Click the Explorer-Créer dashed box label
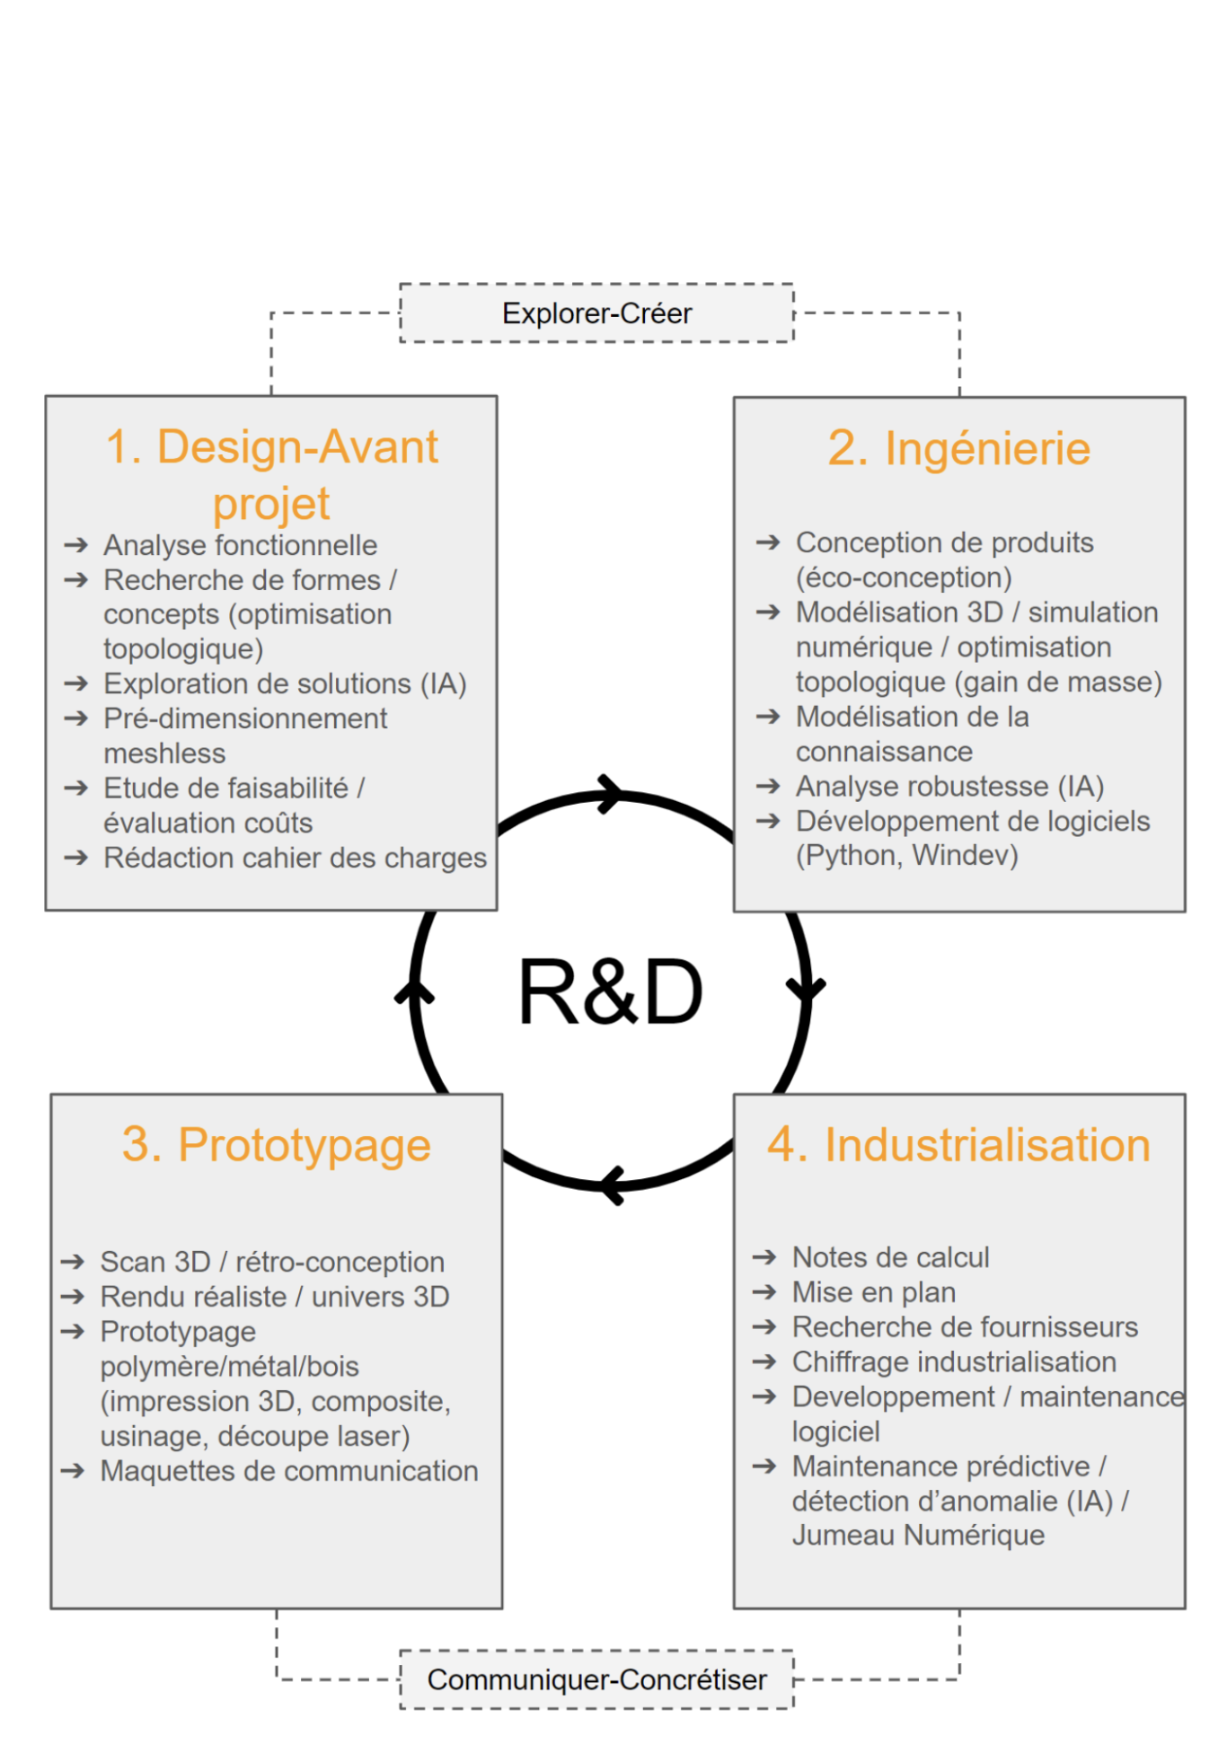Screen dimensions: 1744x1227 pyautogui.click(x=596, y=313)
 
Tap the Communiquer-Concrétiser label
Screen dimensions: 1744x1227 pyautogui.click(x=596, y=1678)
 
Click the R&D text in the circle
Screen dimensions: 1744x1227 pyautogui.click(x=610, y=992)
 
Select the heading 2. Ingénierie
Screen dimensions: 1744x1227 pyautogui.click(x=958, y=448)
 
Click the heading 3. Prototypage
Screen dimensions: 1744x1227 pyautogui.click(x=277, y=1145)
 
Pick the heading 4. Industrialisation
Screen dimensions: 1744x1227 pyautogui.click(x=958, y=1145)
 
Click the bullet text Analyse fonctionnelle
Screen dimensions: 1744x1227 pyautogui.click(x=240, y=545)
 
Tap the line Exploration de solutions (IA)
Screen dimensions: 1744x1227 pyautogui.click(x=285, y=683)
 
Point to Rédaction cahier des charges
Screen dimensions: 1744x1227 pyautogui.click(x=295, y=858)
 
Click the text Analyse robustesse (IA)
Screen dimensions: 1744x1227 pyautogui.click(x=949, y=786)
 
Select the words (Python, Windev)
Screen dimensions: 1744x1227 pyautogui.click(x=906, y=855)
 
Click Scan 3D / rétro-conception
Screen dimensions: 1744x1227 pyautogui.click(x=272, y=1262)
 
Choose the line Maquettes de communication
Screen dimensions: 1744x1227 pyautogui.click(x=289, y=1470)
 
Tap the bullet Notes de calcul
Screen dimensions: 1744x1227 pyautogui.click(x=890, y=1257)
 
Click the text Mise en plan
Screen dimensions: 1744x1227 pyautogui.click(x=873, y=1292)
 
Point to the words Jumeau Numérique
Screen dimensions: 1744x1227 pyautogui.click(x=918, y=1535)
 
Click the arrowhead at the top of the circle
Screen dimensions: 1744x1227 pyautogui.click(x=611, y=794)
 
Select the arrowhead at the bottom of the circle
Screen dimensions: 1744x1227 pyautogui.click(x=613, y=1185)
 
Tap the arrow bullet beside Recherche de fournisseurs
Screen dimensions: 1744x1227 pyautogui.click(x=764, y=1326)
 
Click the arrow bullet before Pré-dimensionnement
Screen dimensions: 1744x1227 pyautogui.click(x=76, y=718)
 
